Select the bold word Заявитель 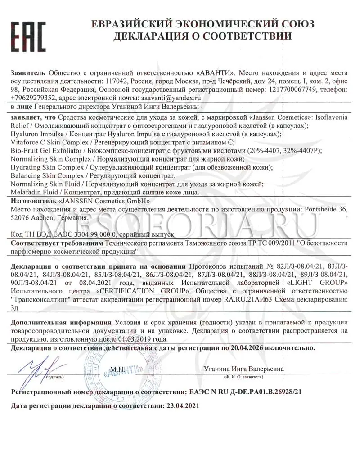click(x=27, y=73)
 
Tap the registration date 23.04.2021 click(x=182, y=406)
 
